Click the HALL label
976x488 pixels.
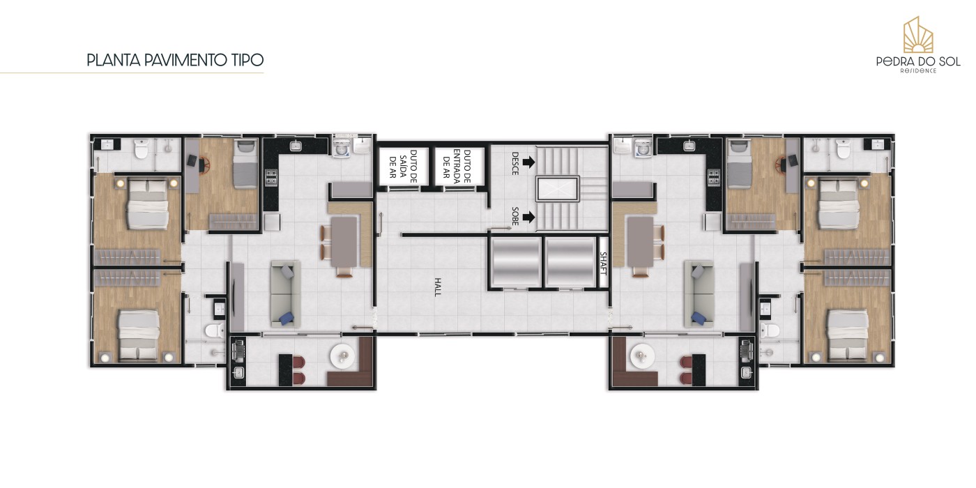click(438, 287)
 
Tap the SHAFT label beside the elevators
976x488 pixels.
click(604, 264)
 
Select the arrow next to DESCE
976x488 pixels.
click(528, 162)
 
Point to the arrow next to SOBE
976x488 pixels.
click(528, 217)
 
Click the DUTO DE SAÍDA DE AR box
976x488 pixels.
click(398, 167)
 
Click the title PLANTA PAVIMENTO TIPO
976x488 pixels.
click(175, 60)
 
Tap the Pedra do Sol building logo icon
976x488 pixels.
click(918, 35)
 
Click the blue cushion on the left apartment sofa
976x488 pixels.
click(287, 318)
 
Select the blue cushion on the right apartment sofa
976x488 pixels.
click(699, 318)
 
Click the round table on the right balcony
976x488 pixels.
click(642, 357)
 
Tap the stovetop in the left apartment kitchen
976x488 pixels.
click(271, 177)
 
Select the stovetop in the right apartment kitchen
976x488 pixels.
click(714, 177)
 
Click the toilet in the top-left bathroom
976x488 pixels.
click(141, 148)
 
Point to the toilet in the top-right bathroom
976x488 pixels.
click(843, 148)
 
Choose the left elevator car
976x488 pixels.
click(515, 262)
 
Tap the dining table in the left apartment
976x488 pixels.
click(344, 242)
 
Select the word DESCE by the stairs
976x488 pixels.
click(515, 163)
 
